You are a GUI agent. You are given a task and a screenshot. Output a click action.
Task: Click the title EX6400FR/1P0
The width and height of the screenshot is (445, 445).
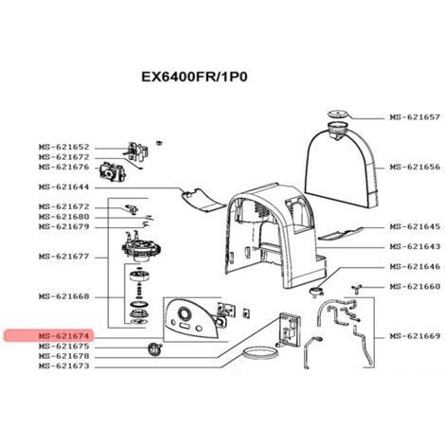tap(194, 77)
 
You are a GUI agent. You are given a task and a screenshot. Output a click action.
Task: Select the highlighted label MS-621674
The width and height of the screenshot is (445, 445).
tap(64, 335)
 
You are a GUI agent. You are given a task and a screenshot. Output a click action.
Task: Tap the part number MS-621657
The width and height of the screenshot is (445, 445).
tap(415, 117)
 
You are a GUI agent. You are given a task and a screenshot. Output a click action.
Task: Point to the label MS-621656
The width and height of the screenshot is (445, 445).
tap(415, 167)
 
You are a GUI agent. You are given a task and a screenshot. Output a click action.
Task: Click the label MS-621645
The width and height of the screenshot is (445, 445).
tap(415, 226)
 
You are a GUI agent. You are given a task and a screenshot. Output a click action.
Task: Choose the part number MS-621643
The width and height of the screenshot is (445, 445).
tap(415, 246)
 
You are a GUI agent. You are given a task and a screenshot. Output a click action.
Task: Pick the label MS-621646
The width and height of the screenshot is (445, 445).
tap(415, 267)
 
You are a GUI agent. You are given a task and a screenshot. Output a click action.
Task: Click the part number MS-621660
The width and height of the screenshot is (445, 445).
tap(415, 287)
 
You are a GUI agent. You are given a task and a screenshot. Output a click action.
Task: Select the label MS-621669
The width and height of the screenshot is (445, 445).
tap(415, 336)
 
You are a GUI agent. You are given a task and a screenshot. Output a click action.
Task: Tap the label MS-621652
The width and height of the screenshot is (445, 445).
tap(64, 147)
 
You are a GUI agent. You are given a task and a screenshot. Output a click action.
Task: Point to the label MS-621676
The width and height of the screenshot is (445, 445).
tap(64, 167)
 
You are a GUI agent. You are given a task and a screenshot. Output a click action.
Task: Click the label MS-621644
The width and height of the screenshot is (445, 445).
tap(64, 187)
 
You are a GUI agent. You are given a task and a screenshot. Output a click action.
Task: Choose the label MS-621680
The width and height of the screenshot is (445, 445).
tap(64, 217)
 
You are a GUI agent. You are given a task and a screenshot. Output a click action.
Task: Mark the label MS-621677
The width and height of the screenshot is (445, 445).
tap(64, 257)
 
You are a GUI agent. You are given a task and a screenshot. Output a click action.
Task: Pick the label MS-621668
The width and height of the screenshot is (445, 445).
tap(64, 296)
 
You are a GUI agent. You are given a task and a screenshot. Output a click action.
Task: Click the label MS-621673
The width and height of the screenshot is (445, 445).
tap(64, 366)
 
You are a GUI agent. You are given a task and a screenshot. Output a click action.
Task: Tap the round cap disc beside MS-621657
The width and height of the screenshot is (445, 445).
tap(337, 114)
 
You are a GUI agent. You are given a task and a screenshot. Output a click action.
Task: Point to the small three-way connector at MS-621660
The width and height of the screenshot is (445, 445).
tap(357, 288)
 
